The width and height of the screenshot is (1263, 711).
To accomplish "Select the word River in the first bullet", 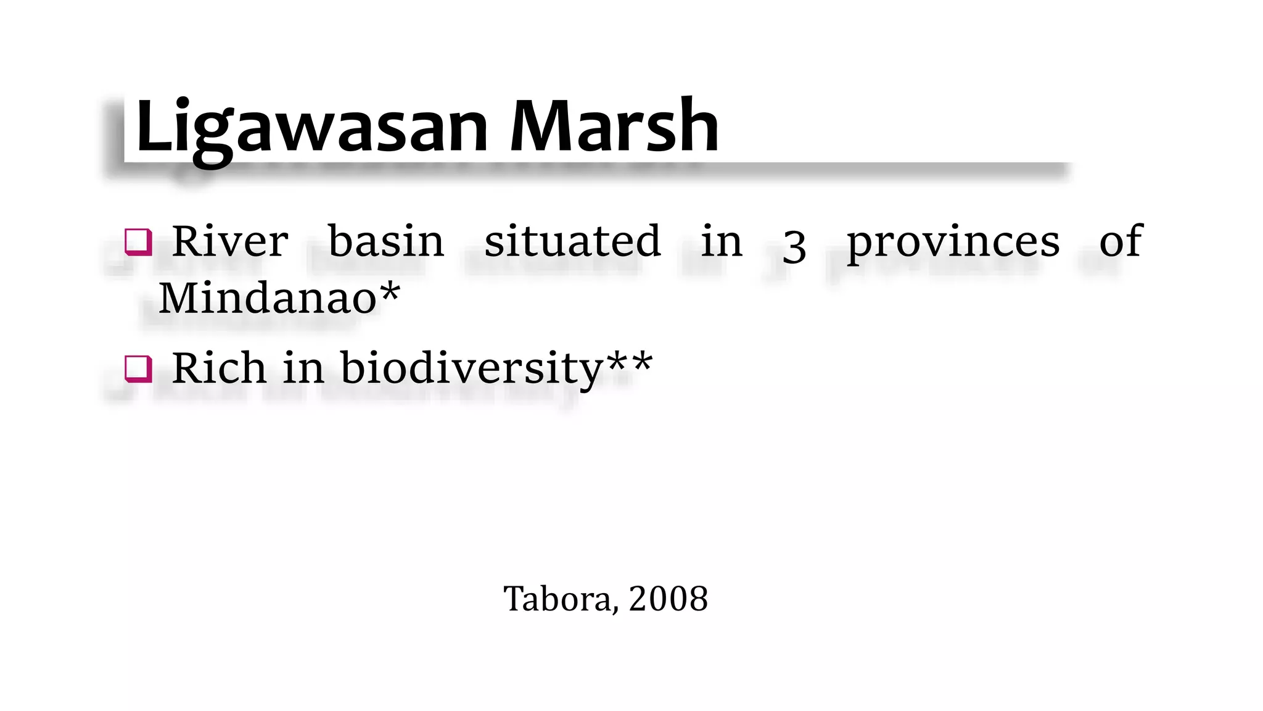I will (x=230, y=241).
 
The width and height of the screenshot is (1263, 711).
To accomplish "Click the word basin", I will (x=386, y=241).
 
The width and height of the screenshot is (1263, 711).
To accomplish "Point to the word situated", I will (x=572, y=241).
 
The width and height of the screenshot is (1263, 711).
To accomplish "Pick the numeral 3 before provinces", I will (x=794, y=246).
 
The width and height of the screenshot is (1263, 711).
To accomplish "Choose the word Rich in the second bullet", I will (x=220, y=368).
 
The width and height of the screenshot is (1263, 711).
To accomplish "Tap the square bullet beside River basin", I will (x=138, y=242).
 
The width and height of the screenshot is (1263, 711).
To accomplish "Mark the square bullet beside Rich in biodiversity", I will (x=138, y=369).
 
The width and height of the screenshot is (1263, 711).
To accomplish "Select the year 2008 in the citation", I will (x=669, y=599).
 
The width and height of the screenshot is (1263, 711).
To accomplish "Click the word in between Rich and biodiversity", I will (x=303, y=368).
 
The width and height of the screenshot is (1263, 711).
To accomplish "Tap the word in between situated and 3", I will (x=722, y=241).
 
